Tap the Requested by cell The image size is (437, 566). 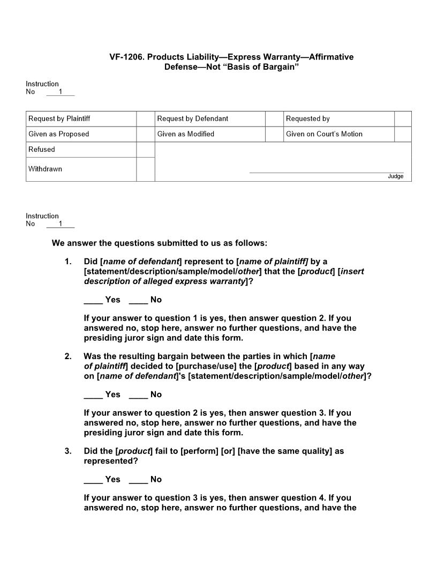coord(308,118)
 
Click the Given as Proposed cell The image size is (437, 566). coord(59,134)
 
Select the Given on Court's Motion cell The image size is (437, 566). coord(324,134)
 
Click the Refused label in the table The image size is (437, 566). coord(42,150)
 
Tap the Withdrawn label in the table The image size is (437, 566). coord(46,169)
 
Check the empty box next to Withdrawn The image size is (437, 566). coord(145,169)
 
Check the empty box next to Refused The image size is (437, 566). coord(145,150)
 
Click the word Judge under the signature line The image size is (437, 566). coord(396,176)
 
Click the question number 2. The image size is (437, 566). coord(68,356)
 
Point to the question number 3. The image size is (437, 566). coord(68,451)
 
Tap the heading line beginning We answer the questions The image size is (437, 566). coord(159,243)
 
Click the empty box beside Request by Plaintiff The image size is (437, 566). coord(145,118)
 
